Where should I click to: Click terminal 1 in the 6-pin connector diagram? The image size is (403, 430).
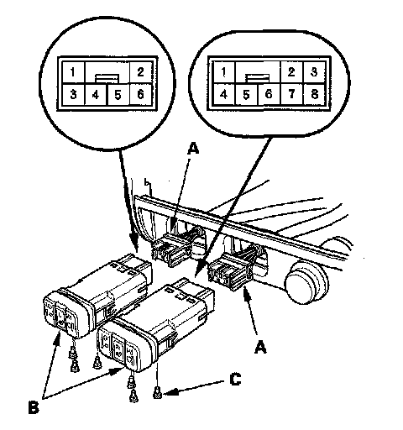coord(73,72)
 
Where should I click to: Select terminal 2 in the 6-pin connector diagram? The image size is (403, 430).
coord(141,72)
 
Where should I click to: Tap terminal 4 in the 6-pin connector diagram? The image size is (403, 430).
coord(96,95)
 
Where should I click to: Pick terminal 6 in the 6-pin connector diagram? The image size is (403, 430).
coord(141,95)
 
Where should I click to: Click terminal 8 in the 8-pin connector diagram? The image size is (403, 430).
coord(315,94)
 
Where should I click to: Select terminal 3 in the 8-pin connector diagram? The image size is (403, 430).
coord(314,72)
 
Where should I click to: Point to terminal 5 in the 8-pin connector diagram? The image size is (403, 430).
coord(246,95)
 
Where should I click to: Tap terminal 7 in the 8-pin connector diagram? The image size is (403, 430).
coord(291,94)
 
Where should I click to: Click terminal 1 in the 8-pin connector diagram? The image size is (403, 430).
coord(223,72)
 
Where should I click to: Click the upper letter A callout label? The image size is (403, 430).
coord(193,148)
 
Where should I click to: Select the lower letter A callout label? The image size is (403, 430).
coord(260,347)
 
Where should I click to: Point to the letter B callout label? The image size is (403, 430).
coord(34,407)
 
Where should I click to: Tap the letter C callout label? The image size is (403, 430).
coord(235,380)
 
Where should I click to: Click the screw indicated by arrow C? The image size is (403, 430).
coord(158,394)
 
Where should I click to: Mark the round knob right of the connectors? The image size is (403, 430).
coord(306,282)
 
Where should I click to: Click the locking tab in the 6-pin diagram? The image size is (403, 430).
coord(107,78)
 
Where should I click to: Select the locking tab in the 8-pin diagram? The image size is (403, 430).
coord(258,78)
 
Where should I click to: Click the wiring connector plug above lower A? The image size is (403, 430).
coord(231,274)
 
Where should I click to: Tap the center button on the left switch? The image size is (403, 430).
coord(60,317)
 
